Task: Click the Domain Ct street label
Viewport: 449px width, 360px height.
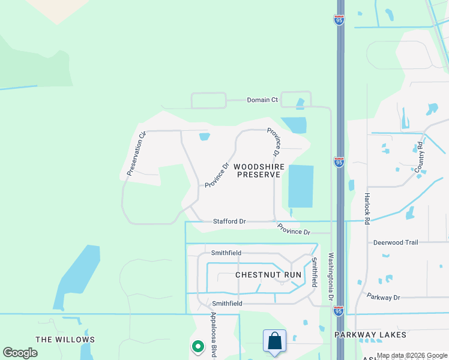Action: coord(262,100)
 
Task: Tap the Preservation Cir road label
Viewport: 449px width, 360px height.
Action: coord(136,154)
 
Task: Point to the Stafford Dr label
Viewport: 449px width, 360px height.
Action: coord(229,221)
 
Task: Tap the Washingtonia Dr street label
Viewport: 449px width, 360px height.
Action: coord(330,277)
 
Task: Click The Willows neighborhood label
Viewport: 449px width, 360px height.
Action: coord(62,340)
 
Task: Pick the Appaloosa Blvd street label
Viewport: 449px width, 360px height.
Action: coord(214,335)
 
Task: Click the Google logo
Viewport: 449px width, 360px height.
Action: coord(20,353)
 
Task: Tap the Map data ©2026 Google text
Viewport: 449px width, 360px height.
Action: coord(412,356)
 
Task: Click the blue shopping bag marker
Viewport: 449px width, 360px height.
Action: coord(274,341)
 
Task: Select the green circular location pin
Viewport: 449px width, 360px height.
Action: coord(197,346)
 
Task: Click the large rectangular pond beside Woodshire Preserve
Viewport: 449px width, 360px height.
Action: coord(301,186)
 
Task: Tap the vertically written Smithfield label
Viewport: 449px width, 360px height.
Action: coord(313,272)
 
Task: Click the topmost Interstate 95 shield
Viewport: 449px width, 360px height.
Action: coord(339,19)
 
